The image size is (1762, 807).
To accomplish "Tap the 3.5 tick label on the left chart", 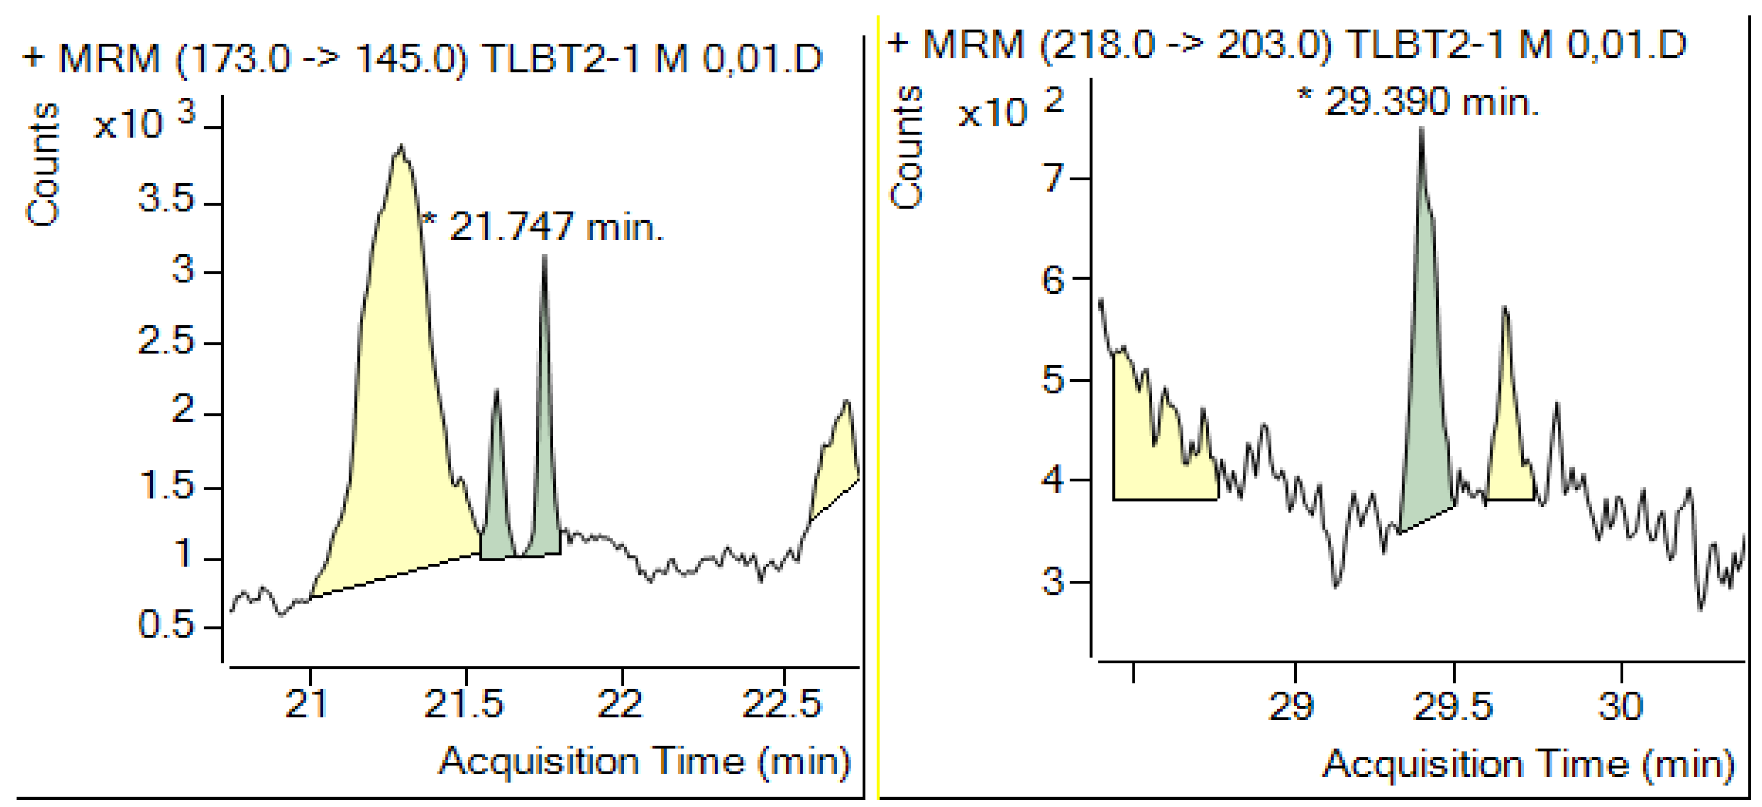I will click(x=166, y=200).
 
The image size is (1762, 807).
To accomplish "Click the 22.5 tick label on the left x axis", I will click(x=782, y=704).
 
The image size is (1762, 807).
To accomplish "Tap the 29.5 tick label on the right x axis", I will click(x=1453, y=706).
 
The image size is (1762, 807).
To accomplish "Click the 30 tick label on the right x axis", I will click(x=1621, y=706).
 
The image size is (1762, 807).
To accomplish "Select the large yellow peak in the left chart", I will click(x=397, y=411).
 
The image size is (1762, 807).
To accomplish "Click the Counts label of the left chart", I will click(x=43, y=164).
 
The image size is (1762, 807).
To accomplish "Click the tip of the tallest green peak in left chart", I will click(x=544, y=257).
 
